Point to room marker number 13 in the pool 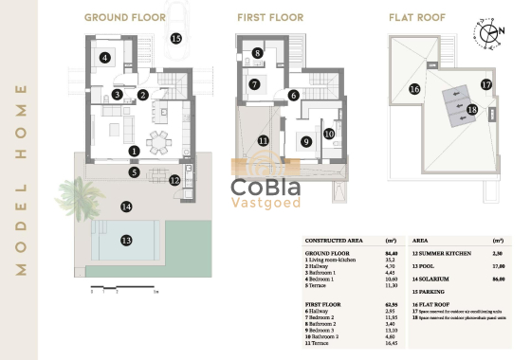coord(125,241)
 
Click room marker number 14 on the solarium coord(125,207)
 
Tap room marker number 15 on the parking coord(175,39)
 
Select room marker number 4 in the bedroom coord(105,58)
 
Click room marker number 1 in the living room coord(134,151)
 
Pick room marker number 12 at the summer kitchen coord(174,180)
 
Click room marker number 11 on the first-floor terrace coord(263,141)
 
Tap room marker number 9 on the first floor coord(305,142)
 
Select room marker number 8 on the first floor coord(258,54)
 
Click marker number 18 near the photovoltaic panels coord(471,110)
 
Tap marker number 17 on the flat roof coord(485,84)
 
